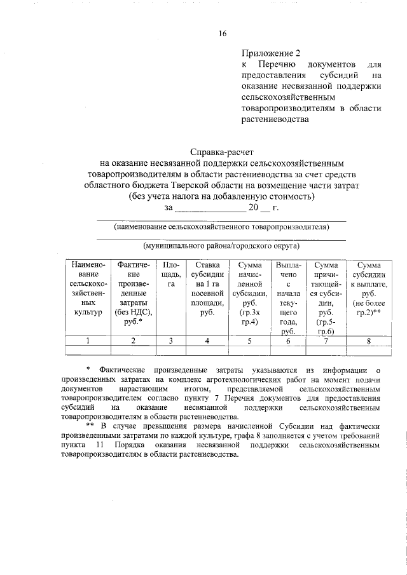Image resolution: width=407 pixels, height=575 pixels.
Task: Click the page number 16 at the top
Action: pos(221,34)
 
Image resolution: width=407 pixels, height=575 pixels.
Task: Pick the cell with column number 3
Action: pos(171,341)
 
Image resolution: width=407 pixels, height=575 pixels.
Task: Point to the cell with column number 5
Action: pos(249,341)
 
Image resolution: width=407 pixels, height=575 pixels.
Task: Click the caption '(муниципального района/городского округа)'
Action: pos(221,245)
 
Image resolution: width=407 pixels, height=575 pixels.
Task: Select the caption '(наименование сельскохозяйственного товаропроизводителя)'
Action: pos(221,226)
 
